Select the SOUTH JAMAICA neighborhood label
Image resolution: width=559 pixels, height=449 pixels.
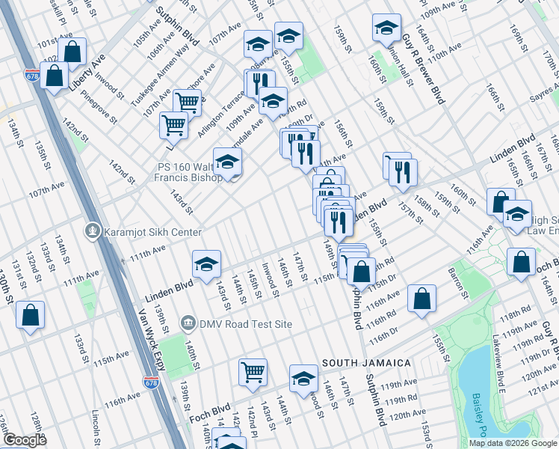[x=366, y=363]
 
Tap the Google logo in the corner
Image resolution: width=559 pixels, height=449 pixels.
[x=24, y=441]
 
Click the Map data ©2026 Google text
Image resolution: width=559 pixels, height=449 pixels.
[x=513, y=443]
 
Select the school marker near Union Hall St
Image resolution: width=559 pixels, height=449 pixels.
[x=386, y=28]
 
